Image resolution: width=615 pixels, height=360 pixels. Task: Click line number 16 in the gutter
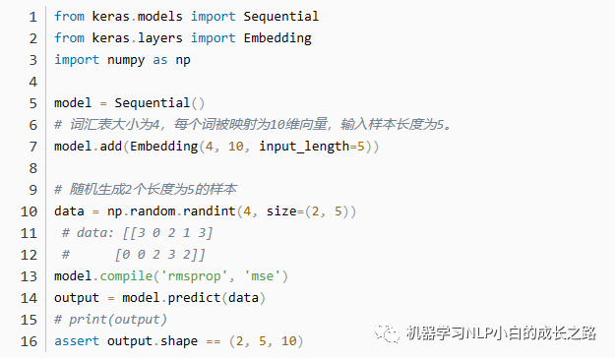coord(30,340)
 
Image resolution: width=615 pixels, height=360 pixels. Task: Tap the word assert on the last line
coord(75,340)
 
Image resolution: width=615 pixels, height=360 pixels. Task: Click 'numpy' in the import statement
coord(126,59)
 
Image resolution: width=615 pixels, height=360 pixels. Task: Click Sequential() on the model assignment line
coord(158,102)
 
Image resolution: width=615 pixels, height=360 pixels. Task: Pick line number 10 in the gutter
coord(30,210)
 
